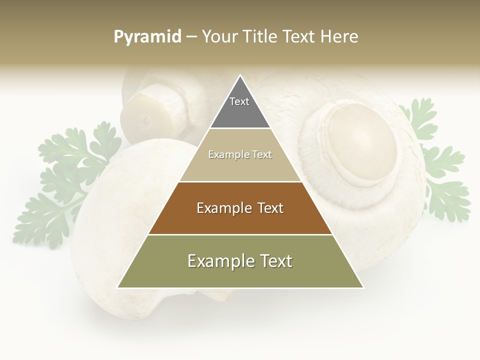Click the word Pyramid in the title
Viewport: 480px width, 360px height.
[147, 37]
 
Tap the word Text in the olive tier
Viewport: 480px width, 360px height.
[272, 261]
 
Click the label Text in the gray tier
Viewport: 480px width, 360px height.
[239, 101]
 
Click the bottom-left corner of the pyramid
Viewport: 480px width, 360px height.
[118, 287]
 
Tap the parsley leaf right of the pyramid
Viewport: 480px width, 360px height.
[440, 165]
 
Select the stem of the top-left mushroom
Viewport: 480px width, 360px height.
[145, 110]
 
